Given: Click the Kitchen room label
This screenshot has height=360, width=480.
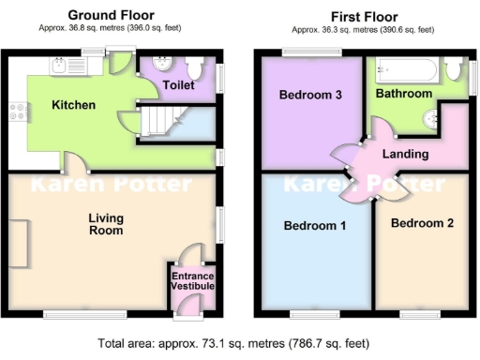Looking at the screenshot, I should (74, 105).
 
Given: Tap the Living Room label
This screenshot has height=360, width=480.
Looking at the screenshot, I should (106, 224).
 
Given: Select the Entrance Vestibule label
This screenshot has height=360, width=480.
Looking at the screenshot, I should (192, 279).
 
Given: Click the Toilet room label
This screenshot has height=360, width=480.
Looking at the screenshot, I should (178, 84).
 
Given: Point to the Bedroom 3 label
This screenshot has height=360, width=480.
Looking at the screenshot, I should (310, 95).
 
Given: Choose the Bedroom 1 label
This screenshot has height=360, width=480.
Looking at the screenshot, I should (315, 226).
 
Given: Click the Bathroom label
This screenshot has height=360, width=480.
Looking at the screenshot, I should (404, 94).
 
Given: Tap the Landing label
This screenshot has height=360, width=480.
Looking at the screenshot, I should (406, 154).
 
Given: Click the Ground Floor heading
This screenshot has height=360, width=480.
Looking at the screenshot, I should (106, 16).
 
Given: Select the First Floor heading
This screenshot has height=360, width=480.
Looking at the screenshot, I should (365, 16).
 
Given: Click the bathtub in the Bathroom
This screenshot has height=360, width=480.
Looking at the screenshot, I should (404, 70).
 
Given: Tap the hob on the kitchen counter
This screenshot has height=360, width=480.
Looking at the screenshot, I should (17, 112).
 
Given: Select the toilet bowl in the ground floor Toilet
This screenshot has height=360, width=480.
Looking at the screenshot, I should (195, 67).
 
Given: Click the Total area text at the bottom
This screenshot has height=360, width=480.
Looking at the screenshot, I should (240, 343).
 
